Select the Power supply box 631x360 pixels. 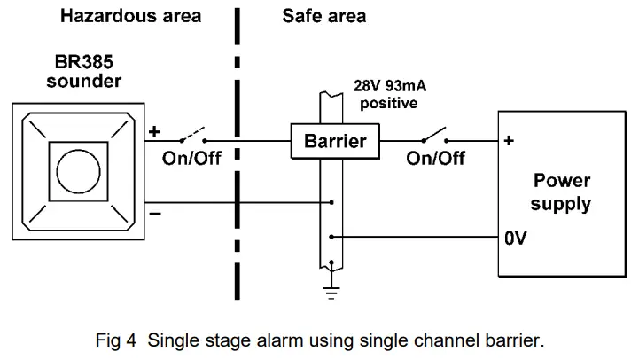pos(561,192)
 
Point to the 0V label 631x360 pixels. pos(517,239)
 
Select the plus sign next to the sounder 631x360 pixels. pos(154,132)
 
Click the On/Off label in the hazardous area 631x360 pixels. pos(191,160)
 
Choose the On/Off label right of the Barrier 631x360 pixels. pos(435,160)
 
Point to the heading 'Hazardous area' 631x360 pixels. pos(130,16)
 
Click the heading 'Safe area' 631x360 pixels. pos(323,16)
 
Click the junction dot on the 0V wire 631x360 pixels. pos(330,237)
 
